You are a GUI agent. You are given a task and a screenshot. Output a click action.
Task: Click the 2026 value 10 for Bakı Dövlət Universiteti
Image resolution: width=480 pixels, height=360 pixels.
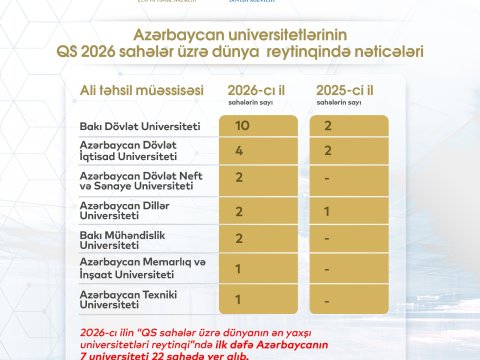click(x=242, y=126)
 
